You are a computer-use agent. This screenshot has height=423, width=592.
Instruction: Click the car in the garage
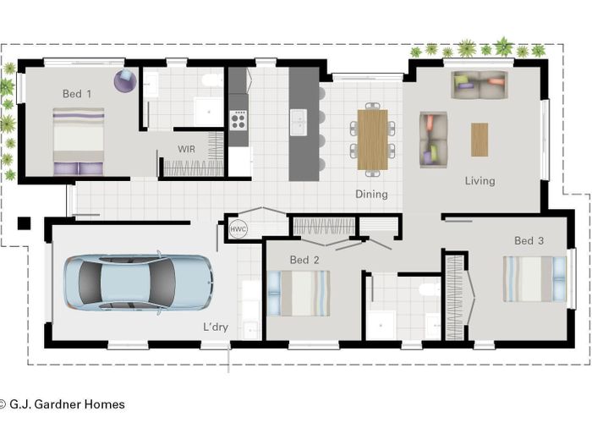[138, 282]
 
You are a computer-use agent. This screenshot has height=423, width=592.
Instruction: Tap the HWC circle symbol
[238, 229]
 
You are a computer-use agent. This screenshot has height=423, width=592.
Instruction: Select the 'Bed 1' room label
[76, 94]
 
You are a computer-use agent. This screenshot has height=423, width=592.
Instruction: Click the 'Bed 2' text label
[304, 260]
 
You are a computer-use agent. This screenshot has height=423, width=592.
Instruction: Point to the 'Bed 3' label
[529, 241]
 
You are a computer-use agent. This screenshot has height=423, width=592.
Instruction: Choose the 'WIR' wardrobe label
[187, 149]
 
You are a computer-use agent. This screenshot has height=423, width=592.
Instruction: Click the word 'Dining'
[371, 195]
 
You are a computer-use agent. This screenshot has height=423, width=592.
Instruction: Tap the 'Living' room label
[480, 180]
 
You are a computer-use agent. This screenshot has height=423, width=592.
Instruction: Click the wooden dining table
[372, 139]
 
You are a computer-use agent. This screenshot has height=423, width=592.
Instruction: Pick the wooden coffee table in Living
[480, 139]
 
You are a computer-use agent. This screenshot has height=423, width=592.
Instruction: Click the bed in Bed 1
[79, 140]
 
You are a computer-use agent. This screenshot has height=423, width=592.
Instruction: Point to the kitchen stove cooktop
[238, 121]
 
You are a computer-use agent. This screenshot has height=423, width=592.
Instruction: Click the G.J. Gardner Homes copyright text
[63, 404]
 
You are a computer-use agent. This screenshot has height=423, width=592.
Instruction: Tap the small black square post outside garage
[24, 223]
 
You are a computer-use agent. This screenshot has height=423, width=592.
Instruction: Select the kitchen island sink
[297, 123]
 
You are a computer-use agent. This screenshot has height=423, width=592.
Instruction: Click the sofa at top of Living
[479, 84]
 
